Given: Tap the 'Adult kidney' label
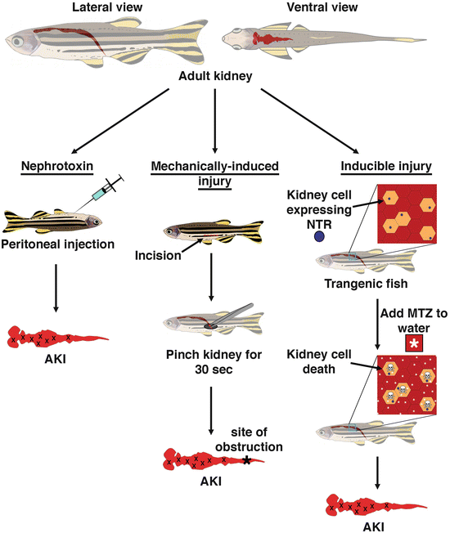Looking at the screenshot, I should point(215,79).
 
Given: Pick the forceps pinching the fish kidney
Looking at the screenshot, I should point(236,314).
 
